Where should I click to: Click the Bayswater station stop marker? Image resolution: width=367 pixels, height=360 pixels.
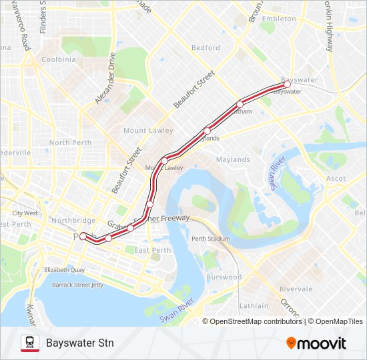coord(286,85)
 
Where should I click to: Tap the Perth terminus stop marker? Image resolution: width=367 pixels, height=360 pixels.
coord(83,235)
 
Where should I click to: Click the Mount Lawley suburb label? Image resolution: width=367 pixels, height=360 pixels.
coord(147,131)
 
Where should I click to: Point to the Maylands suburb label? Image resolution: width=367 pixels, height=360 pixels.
coord(232,159)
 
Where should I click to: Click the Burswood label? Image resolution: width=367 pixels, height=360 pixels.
coord(224,277)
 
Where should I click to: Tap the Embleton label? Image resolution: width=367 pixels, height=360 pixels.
coord(278,19)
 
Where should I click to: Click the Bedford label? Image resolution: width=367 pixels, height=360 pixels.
coord(205,48)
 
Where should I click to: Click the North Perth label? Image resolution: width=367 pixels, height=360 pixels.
coord(70,143)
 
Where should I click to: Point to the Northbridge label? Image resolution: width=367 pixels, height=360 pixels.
coord(73,220)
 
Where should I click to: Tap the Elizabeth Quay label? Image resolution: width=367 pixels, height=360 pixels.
coord(64,270)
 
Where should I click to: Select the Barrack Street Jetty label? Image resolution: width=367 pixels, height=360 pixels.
coord(79,285)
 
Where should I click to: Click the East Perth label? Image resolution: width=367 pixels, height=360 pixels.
coord(152,250)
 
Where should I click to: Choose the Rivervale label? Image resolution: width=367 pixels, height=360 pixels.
coord(296,289)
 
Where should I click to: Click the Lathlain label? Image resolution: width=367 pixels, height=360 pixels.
coord(254,306)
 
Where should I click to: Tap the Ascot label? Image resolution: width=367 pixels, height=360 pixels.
coord(336,179)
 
